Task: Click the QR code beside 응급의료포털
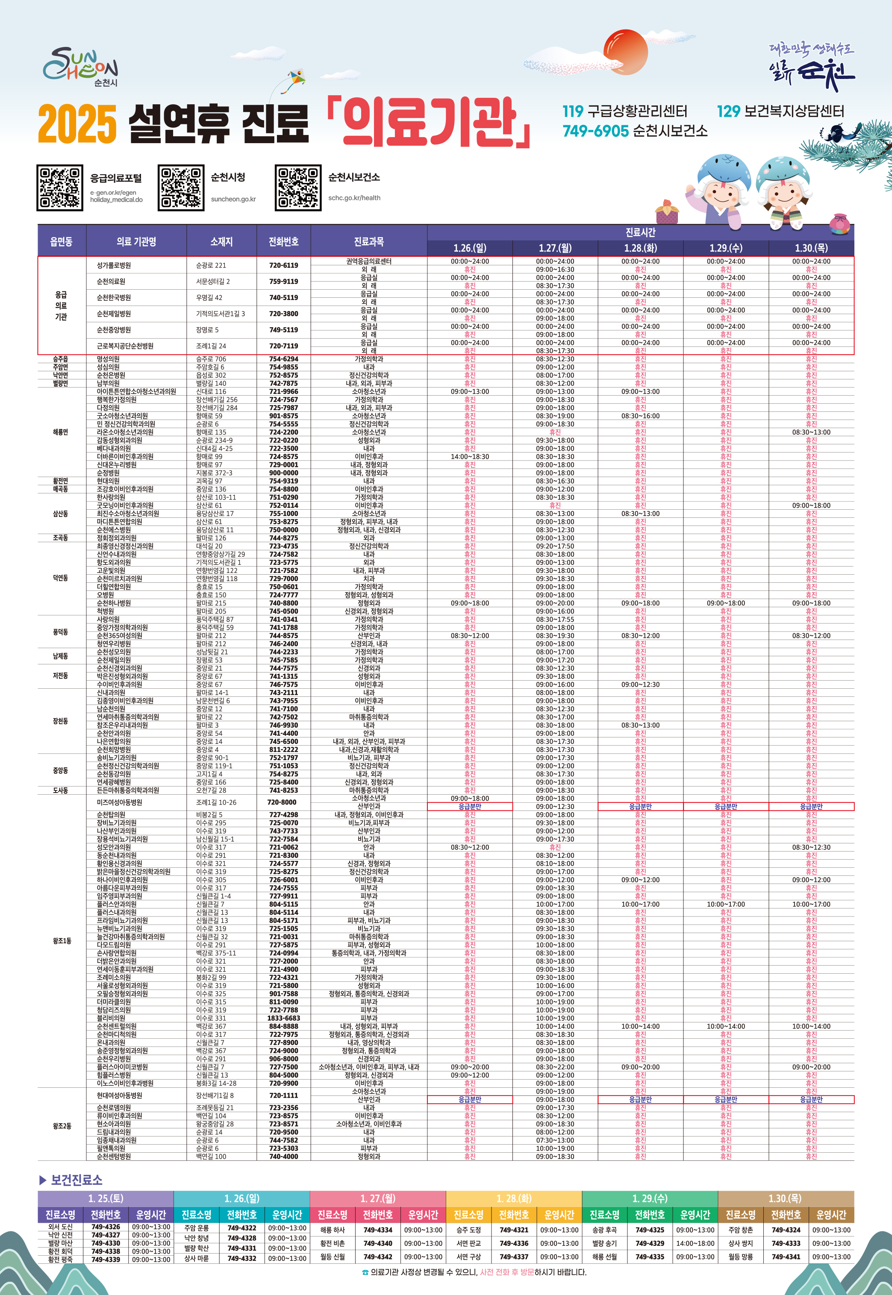(x=59, y=188)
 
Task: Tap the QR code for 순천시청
(x=180, y=188)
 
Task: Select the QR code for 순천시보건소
(x=298, y=188)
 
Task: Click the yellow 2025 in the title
(x=77, y=123)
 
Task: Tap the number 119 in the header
(x=573, y=111)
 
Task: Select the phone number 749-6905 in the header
(x=595, y=131)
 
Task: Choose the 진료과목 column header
(x=369, y=241)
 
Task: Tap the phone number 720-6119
(x=283, y=265)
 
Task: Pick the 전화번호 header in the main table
(x=283, y=241)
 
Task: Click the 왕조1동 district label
(x=62, y=941)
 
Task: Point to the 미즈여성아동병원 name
(x=120, y=802)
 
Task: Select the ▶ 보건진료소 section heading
(x=71, y=1179)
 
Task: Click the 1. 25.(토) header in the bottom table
(x=106, y=1198)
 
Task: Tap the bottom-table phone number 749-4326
(x=106, y=1226)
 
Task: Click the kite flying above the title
(x=296, y=78)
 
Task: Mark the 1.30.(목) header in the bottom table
(x=785, y=1198)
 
